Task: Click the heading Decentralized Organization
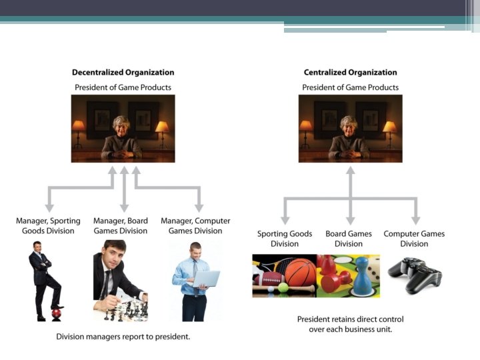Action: click(123, 73)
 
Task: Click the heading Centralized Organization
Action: click(350, 73)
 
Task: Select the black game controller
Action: click(414, 274)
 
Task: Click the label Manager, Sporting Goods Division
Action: click(48, 226)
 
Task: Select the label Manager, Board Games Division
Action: click(121, 226)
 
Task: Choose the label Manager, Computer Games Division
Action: click(195, 226)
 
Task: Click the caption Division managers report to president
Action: click(123, 337)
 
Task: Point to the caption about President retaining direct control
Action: click(350, 324)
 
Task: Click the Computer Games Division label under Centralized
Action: click(414, 239)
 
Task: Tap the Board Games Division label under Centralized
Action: click(349, 239)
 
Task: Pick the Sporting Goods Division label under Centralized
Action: click(285, 239)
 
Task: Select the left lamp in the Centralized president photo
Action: click(305, 127)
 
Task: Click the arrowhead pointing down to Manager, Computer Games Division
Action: click(198, 207)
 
